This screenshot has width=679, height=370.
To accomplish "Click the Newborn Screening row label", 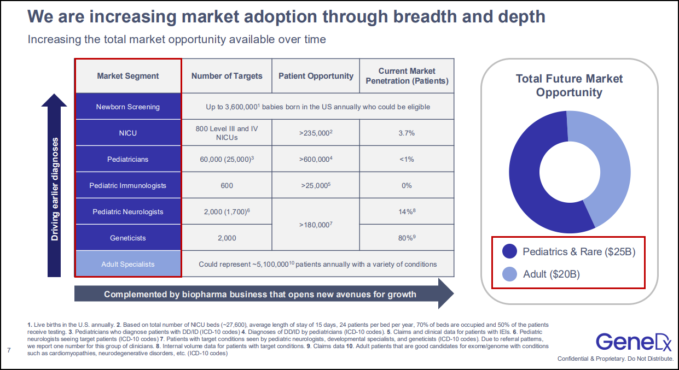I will tap(127, 107).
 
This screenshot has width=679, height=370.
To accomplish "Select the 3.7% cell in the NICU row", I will tap(407, 133).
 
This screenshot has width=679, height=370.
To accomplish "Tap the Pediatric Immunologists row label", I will tap(127, 185).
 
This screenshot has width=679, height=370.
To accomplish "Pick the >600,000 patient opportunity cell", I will tap(316, 159).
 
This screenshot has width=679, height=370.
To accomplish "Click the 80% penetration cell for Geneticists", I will tap(407, 238).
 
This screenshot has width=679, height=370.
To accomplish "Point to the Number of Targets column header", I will tap(227, 76).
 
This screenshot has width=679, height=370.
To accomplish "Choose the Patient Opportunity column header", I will tap(316, 76).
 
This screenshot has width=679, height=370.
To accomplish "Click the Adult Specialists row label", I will tap(127, 264).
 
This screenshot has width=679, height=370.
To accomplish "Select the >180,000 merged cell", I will tap(316, 225).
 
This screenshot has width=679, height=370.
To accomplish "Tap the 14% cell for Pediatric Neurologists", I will tap(407, 212).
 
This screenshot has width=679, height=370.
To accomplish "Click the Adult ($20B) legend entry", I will tap(551, 274).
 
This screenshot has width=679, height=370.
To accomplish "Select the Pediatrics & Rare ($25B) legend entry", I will tap(579, 252).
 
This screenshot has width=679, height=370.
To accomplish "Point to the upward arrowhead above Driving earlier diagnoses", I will tap(54, 102).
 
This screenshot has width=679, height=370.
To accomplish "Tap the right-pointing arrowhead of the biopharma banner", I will tap(445, 294).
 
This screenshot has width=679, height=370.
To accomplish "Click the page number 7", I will tap(9, 349).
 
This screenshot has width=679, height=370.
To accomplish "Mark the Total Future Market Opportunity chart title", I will tap(569, 85).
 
